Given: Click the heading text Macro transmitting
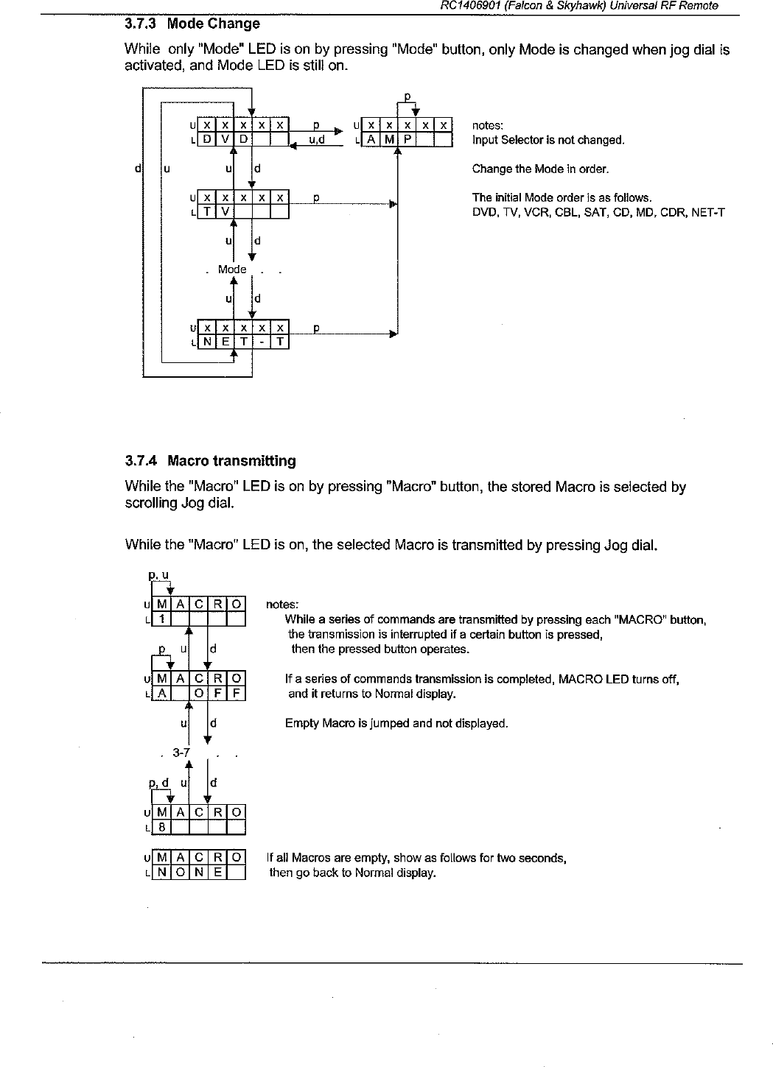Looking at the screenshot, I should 231,461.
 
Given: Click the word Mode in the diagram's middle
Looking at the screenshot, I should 232,270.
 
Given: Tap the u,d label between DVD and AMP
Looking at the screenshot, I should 318,139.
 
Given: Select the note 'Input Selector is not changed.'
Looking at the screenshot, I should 548,140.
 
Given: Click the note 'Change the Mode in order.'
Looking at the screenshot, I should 540,169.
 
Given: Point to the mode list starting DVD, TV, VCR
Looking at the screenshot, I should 598,213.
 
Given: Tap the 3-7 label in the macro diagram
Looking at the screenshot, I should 181,753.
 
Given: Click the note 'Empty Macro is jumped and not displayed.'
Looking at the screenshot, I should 396,723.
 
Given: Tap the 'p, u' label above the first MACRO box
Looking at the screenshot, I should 159,574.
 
